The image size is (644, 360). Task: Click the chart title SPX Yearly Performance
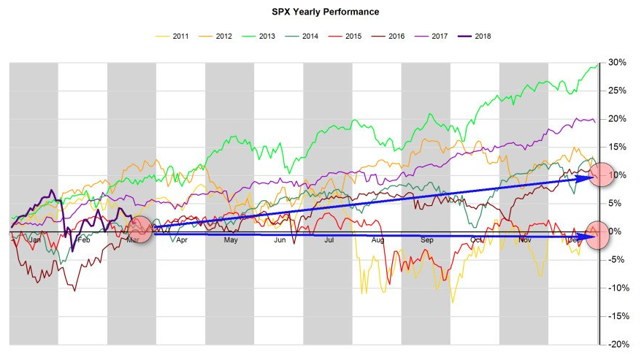click(321, 12)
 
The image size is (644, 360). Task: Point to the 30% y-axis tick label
click(617, 63)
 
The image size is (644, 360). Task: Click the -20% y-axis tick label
click(617, 344)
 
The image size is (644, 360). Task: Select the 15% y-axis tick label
click(617, 147)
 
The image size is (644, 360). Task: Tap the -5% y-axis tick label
click(617, 259)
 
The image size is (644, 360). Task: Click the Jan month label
click(34, 240)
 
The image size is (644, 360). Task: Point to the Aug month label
click(377, 240)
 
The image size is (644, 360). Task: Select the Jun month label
click(280, 240)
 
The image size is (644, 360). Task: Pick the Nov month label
click(524, 240)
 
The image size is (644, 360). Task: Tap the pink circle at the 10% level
click(603, 175)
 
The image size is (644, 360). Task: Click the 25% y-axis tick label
click(617, 91)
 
